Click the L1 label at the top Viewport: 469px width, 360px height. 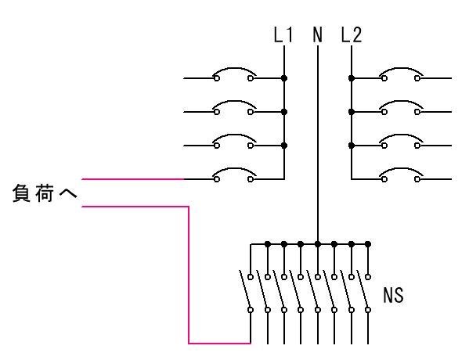(283, 34)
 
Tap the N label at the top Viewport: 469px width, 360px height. (318, 34)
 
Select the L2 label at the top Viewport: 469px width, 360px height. (352, 34)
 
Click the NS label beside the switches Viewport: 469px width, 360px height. (393, 295)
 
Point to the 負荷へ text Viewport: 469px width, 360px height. (45, 193)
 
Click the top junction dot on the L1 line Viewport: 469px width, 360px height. (284, 78)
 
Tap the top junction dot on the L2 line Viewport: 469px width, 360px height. (352, 78)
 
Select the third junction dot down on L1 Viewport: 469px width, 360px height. (284, 146)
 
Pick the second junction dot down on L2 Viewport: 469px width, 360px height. (352, 112)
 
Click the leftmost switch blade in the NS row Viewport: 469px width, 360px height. (245, 290)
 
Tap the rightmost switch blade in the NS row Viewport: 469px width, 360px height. (363, 290)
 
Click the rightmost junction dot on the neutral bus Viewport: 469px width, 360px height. (368, 244)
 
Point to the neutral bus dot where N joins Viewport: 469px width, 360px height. (318, 244)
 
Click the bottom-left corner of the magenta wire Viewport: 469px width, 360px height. (189, 344)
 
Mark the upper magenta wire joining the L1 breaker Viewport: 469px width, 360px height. (133, 179)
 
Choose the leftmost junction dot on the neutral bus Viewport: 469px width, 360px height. (268, 244)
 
